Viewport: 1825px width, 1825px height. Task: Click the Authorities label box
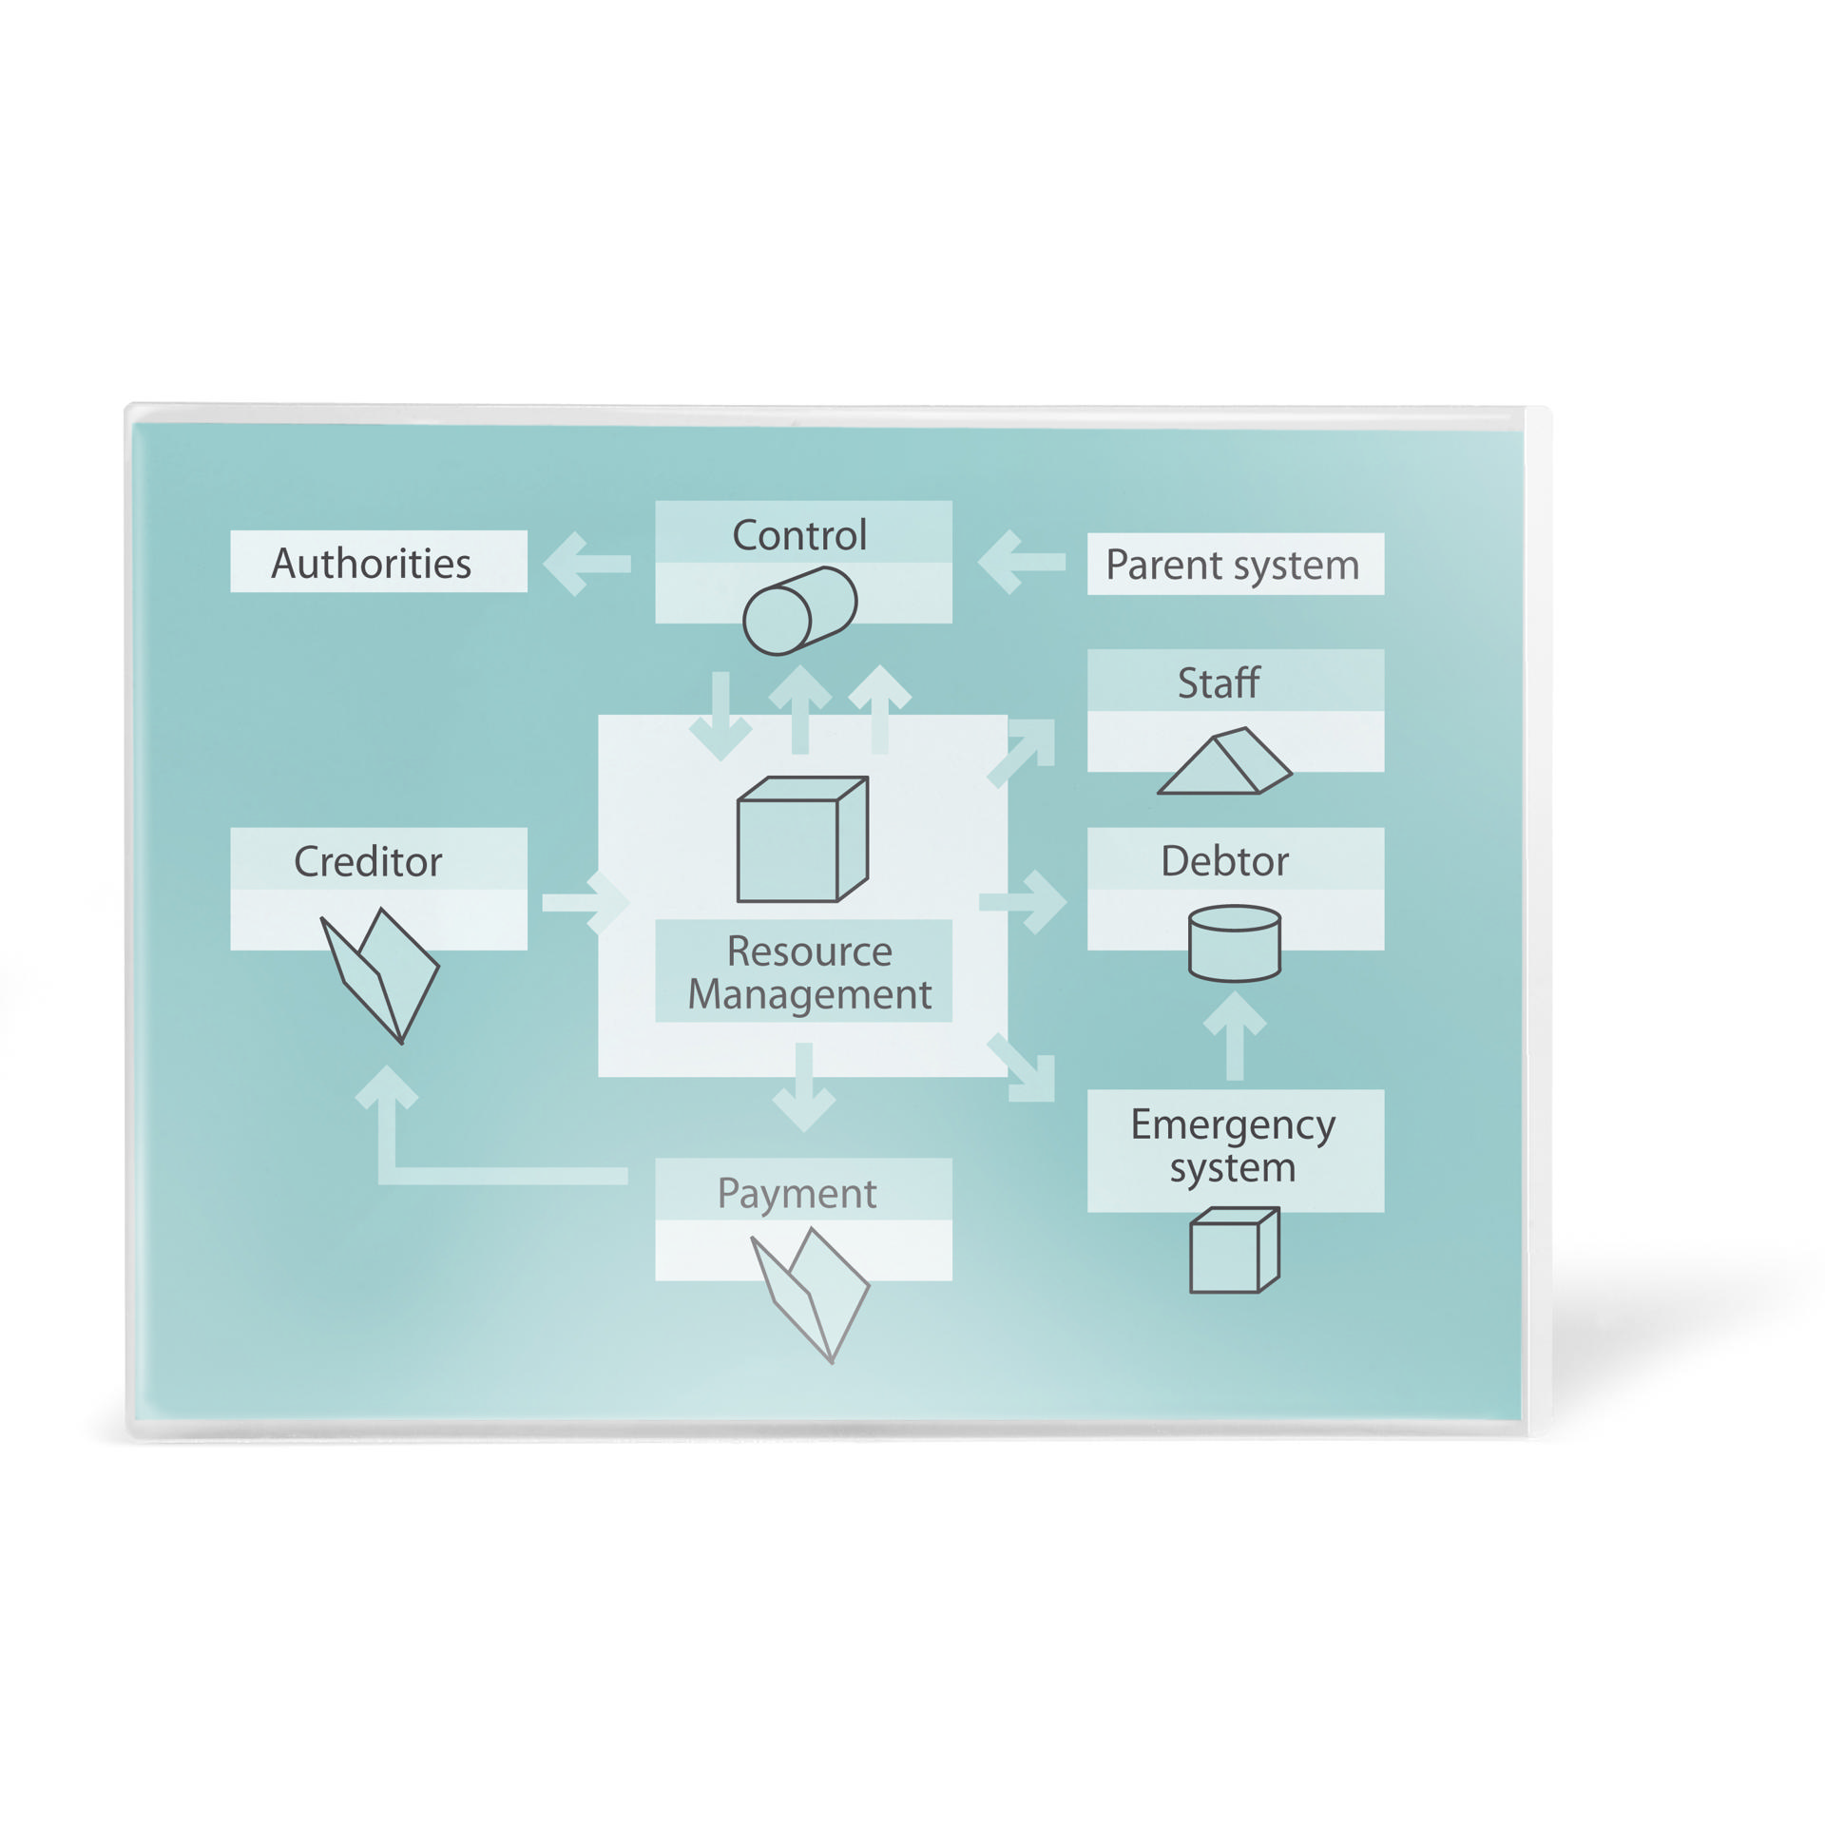pos(378,561)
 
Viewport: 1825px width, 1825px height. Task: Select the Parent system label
pos(1234,565)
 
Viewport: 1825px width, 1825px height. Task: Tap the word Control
pos(799,535)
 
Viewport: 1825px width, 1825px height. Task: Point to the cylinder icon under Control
pos(799,611)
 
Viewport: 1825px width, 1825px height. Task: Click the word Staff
pos(1219,682)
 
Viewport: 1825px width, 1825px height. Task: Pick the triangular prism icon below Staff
pos(1224,761)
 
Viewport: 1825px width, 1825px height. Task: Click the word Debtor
pos(1225,861)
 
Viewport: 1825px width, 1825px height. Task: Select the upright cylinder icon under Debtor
pos(1235,943)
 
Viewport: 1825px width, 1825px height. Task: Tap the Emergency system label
pos(1234,1146)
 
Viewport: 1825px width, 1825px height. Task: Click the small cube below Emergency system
pos(1235,1250)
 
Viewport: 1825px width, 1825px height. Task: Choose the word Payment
pos(797,1194)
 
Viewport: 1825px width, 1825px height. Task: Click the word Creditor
pos(368,862)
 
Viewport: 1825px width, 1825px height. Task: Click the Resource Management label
pos(810,972)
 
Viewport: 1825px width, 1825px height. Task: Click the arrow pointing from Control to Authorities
pos(586,564)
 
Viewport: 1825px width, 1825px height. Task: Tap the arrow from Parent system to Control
pos(1021,563)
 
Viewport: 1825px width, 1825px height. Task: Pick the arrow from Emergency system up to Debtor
pos(1235,1035)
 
